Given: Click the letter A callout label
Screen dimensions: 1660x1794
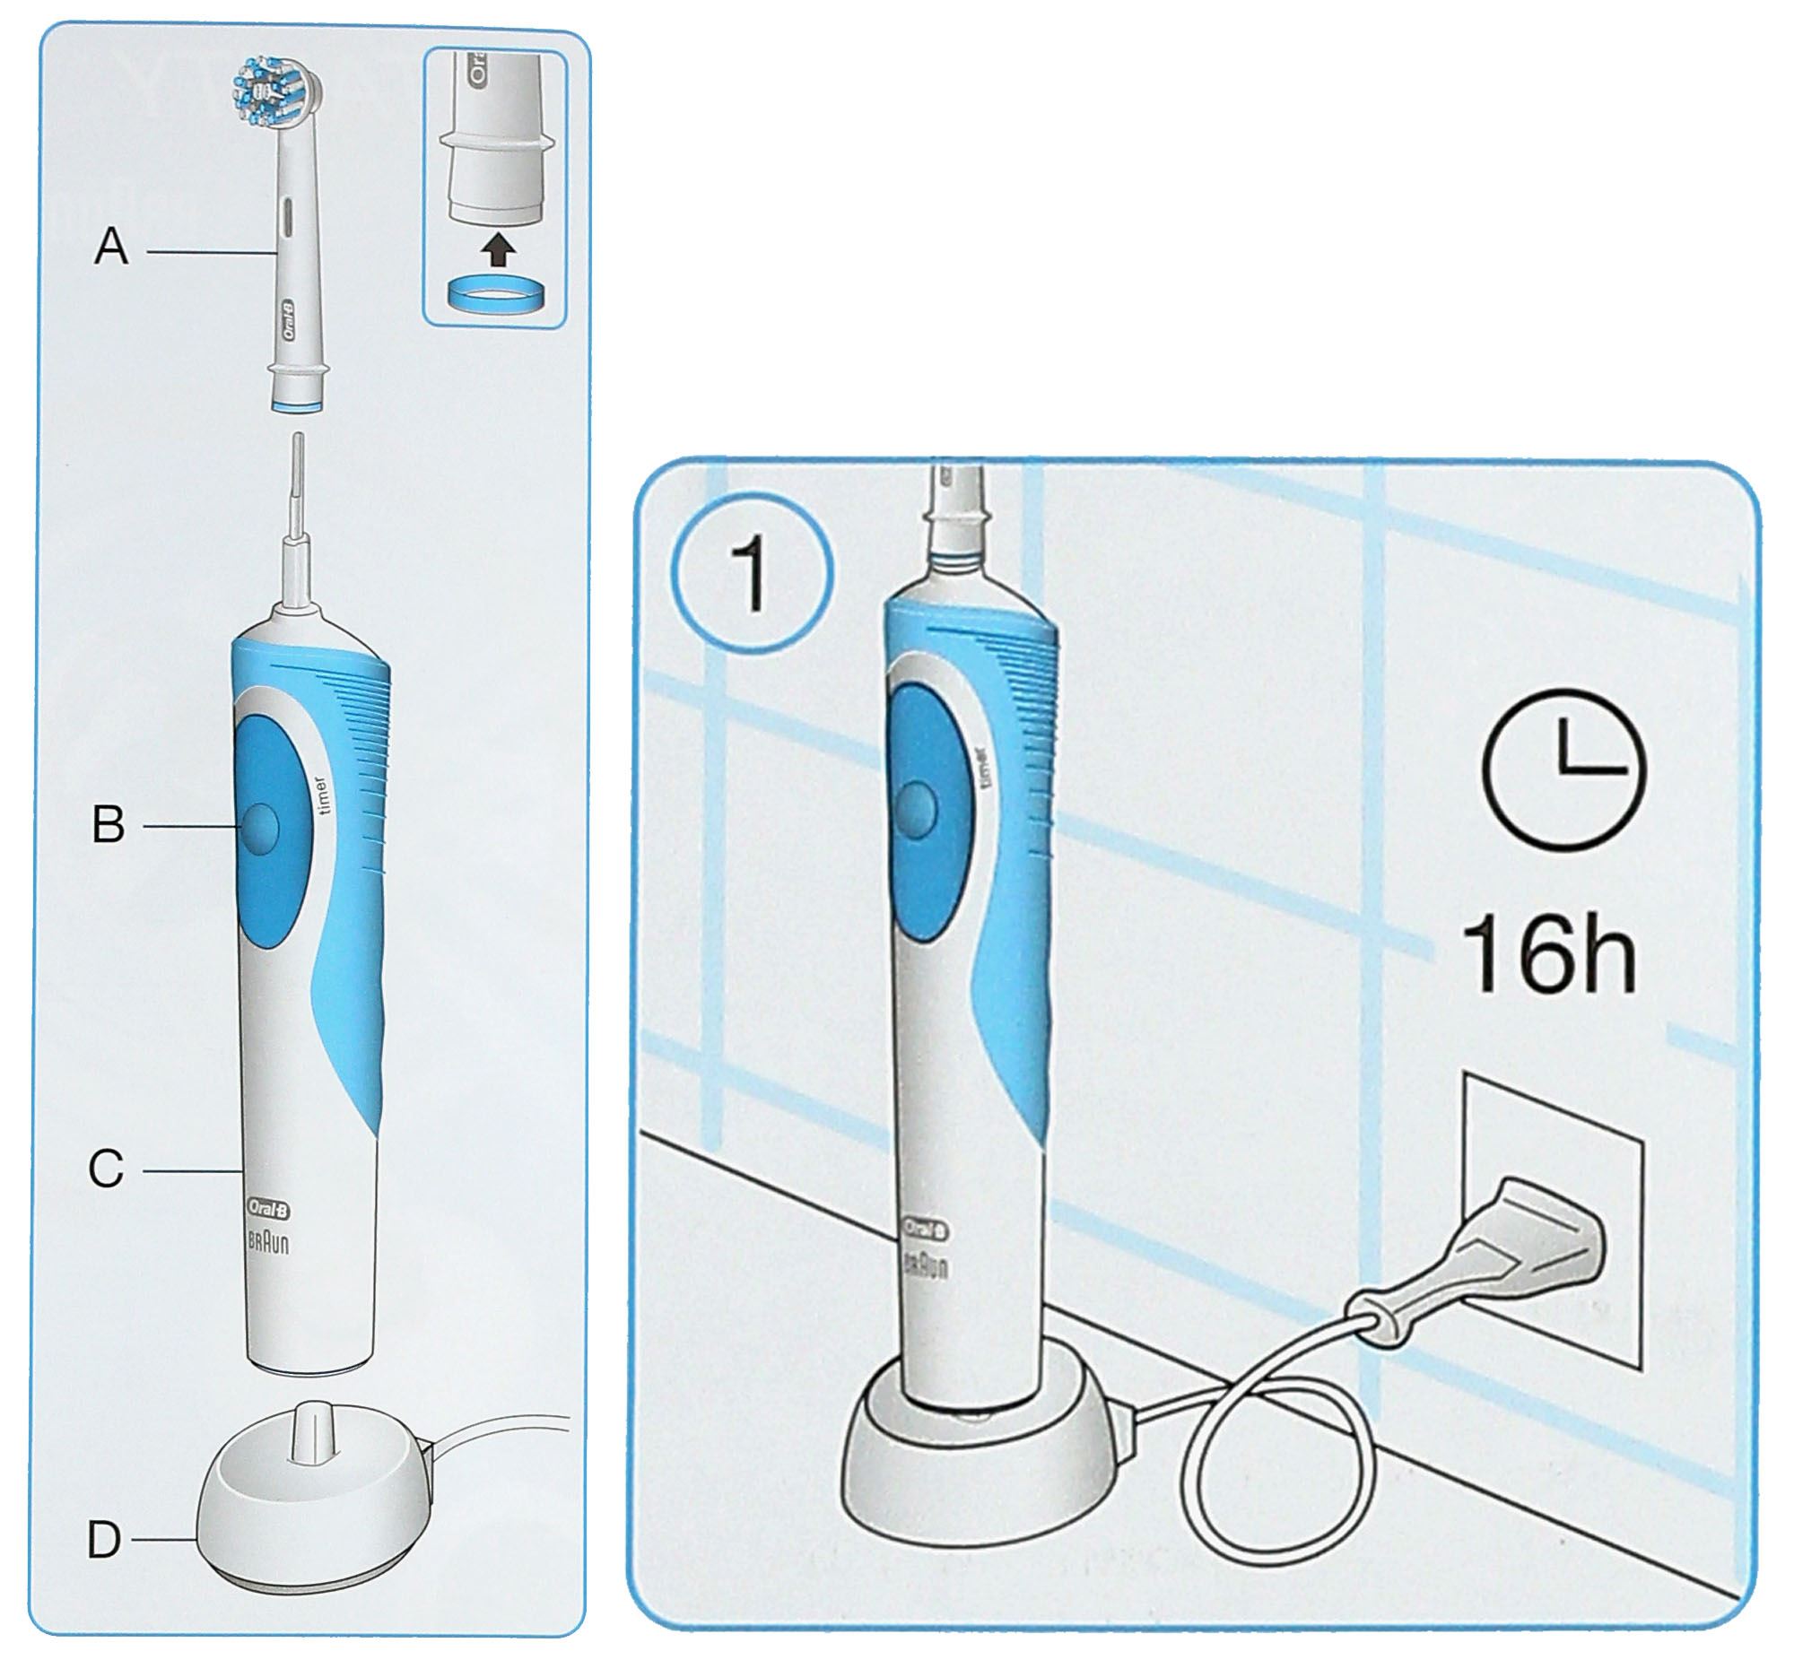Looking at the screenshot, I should pos(111,246).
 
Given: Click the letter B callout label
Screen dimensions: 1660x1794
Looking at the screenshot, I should pos(109,823).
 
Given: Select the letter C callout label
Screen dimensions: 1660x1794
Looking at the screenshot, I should pos(106,1169).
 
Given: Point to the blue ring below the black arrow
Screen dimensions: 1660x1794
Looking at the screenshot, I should pos(495,295).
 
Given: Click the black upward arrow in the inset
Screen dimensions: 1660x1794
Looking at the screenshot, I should pos(495,249).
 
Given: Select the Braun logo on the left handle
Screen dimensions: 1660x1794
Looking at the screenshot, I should pos(268,1247).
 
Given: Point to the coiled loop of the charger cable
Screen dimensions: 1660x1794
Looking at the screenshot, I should pos(1280,1473).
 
